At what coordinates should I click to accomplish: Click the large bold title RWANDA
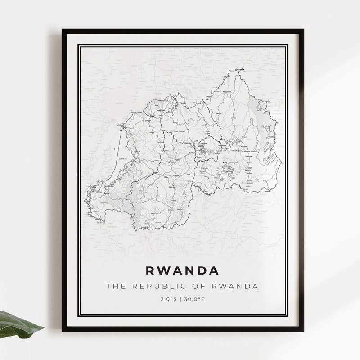(x=182, y=270)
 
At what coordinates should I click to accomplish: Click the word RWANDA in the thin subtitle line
(x=235, y=286)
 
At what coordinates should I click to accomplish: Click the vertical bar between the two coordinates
(x=180, y=298)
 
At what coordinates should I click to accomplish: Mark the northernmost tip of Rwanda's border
(x=240, y=69)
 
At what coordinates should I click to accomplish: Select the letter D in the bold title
(x=200, y=270)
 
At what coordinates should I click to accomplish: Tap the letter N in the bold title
(x=189, y=270)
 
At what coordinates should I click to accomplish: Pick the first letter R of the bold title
(x=150, y=270)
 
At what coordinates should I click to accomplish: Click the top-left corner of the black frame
(x=63, y=30)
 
